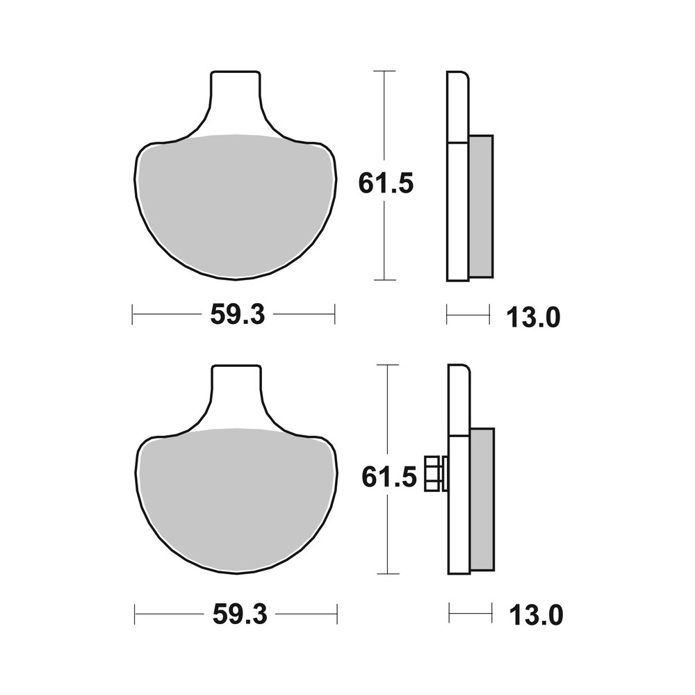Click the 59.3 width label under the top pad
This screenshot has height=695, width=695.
tap(237, 315)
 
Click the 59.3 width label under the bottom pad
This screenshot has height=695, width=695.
tap(238, 614)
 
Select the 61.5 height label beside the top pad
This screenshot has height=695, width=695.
tap(386, 183)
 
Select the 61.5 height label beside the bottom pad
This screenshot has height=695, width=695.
tap(388, 477)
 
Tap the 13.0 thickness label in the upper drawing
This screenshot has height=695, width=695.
tap(533, 318)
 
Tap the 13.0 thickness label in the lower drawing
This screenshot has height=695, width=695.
tap(534, 615)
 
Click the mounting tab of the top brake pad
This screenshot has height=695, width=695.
tap(237, 97)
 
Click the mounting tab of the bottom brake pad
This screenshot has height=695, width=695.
tap(237, 391)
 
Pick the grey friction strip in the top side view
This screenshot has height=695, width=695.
tap(480, 206)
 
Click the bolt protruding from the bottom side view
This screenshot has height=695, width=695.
tap(434, 473)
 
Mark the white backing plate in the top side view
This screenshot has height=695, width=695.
tap(457, 208)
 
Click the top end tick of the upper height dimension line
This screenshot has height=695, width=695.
tap(384, 71)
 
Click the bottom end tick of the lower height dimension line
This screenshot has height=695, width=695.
tap(387, 574)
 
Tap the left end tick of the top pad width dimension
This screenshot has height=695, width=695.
tap(132, 314)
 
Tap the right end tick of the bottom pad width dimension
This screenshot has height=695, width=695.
tap(337, 614)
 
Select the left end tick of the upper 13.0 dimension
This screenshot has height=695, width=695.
tap(446, 314)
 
